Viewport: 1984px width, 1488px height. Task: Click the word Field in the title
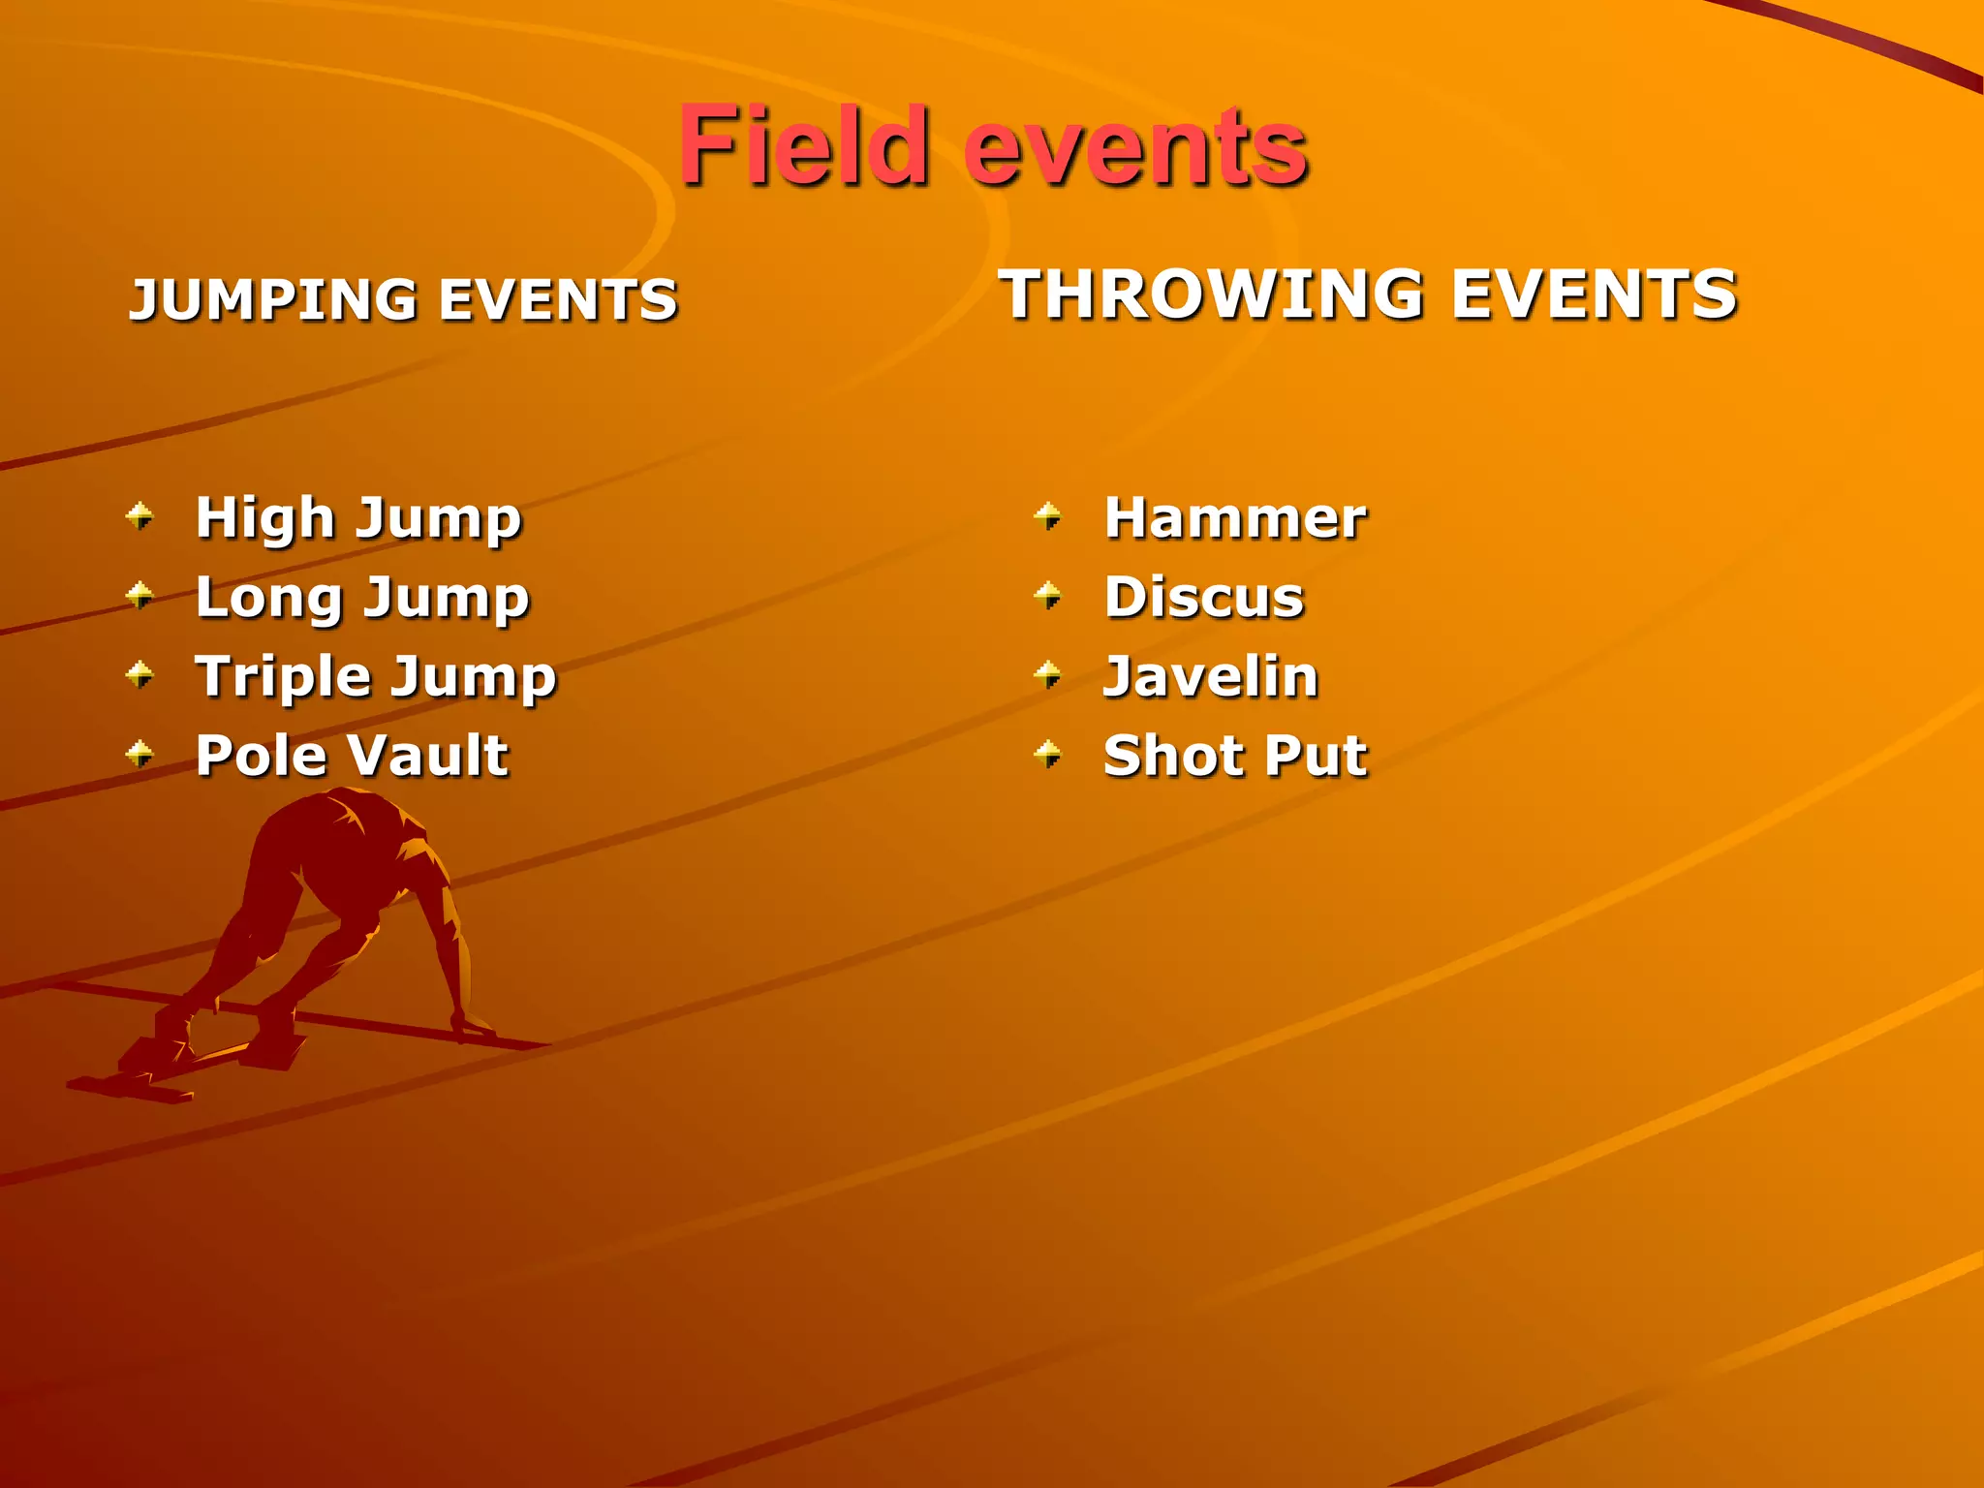(x=803, y=147)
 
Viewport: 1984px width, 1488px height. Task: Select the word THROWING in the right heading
(x=1211, y=294)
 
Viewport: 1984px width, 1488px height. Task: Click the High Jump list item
(x=358, y=518)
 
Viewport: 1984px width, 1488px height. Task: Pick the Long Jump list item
(x=362, y=598)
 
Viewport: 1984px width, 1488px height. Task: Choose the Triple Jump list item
(x=376, y=677)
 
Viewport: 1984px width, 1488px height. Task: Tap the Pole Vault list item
(x=352, y=756)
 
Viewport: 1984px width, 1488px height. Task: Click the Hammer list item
(x=1235, y=518)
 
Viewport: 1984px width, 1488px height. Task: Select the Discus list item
(x=1204, y=598)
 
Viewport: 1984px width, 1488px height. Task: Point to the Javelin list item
(x=1211, y=677)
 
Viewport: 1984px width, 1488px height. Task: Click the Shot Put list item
(x=1235, y=756)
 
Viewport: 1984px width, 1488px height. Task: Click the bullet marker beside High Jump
(x=140, y=515)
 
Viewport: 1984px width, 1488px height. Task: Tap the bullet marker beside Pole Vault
(x=140, y=754)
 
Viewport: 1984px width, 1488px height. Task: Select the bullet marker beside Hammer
(x=1048, y=515)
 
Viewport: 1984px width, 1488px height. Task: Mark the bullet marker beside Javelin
(x=1048, y=674)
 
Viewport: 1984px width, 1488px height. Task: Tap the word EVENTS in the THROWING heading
(x=1594, y=294)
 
